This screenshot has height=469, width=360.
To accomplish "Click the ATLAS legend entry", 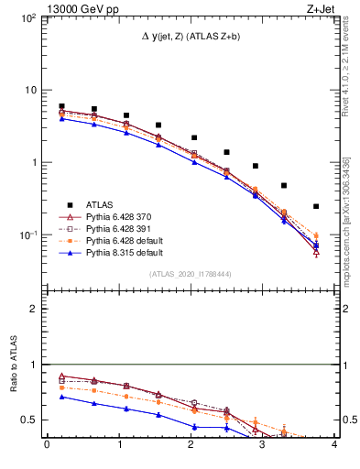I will click(x=101, y=204).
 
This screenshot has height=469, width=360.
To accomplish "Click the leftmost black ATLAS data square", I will click(x=61, y=106).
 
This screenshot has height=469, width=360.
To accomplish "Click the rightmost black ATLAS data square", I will click(x=316, y=206).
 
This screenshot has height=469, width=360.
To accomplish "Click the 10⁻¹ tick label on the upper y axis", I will click(x=30, y=235).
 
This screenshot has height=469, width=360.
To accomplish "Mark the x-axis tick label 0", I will click(x=47, y=446).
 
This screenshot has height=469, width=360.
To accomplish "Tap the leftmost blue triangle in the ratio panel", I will click(x=61, y=397).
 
